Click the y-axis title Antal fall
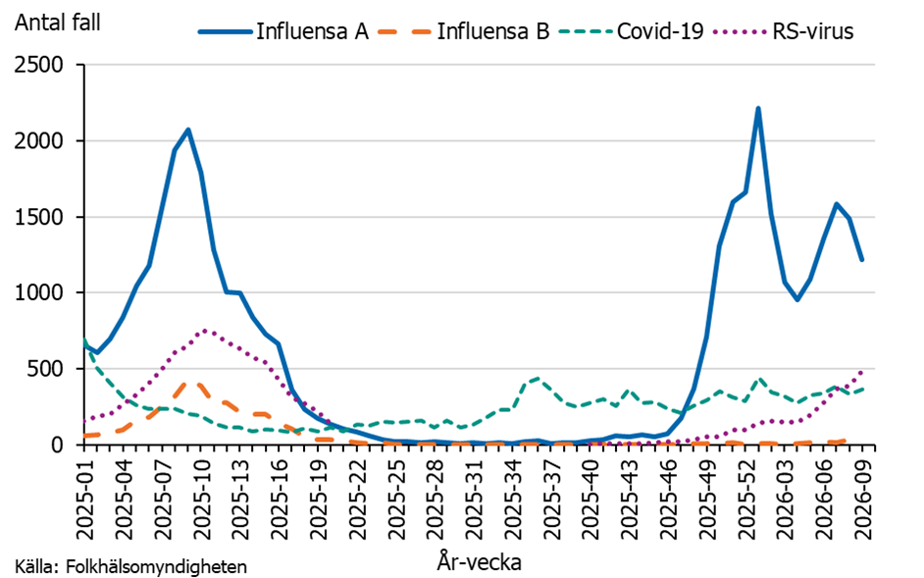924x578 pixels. [x=57, y=20]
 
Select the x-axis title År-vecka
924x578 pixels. [x=479, y=563]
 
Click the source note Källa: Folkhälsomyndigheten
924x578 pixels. [x=130, y=566]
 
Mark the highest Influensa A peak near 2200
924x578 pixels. [x=758, y=109]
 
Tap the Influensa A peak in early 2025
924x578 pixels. [x=188, y=130]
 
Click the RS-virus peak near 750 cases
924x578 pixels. [x=204, y=331]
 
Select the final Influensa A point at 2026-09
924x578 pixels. [x=862, y=259]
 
